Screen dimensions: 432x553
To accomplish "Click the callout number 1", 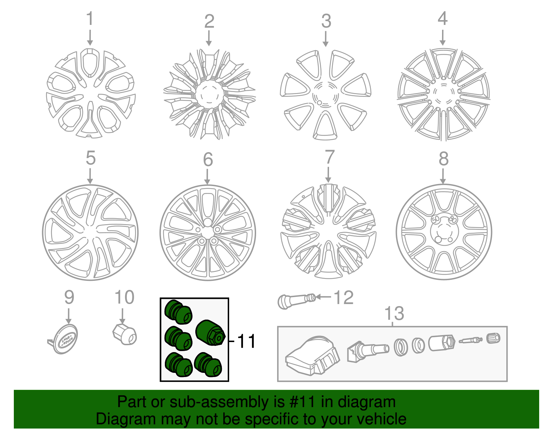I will tap(90, 19).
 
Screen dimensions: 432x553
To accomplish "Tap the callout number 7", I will tap(329, 157).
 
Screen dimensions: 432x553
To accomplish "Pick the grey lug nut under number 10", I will tap(125, 334).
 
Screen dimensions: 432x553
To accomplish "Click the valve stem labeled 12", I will tap(296, 300).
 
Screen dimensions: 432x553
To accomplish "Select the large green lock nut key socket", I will tap(210, 332).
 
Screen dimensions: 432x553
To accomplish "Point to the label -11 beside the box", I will tap(244, 341).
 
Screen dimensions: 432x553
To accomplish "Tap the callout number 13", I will tap(394, 313).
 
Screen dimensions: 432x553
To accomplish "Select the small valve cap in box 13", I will tap(493, 338).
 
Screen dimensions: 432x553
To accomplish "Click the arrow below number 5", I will tap(90, 176).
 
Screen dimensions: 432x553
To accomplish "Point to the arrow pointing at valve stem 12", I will tap(324, 297).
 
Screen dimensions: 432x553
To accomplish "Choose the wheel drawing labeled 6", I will tap(207, 233).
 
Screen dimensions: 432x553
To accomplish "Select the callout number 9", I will tap(69, 297).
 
